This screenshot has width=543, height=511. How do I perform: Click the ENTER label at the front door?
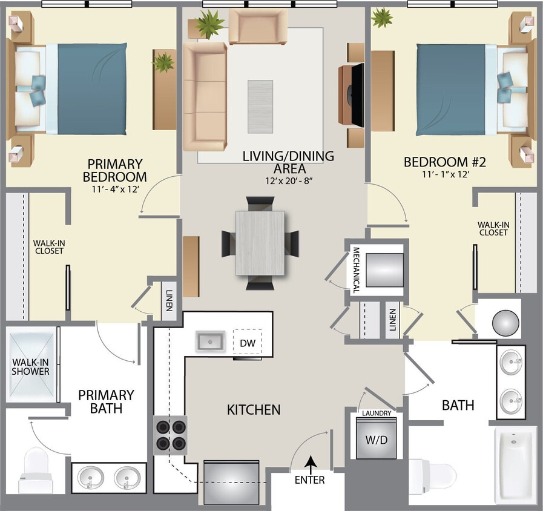(x=310, y=480)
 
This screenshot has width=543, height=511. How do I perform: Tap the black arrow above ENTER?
(x=311, y=463)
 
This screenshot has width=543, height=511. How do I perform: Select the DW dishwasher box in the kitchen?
(x=248, y=342)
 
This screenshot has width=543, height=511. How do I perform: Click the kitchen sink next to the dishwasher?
(x=210, y=341)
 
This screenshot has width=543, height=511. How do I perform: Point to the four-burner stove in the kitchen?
(x=170, y=435)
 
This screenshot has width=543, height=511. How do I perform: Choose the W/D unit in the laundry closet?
(x=376, y=440)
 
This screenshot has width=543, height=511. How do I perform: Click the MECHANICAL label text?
(x=356, y=270)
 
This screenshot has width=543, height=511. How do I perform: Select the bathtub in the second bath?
(x=515, y=465)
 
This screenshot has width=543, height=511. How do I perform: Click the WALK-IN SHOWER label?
(x=30, y=367)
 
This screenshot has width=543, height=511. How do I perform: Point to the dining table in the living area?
(x=260, y=242)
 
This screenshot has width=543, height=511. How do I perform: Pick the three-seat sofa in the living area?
(x=205, y=96)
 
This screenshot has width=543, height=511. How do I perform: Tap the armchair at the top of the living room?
(x=258, y=27)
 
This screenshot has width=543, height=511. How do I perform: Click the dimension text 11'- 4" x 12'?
(x=115, y=190)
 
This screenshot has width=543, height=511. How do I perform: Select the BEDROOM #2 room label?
(x=445, y=162)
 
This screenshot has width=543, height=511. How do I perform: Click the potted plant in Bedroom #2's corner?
(x=382, y=18)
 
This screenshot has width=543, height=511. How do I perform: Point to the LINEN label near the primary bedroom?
(x=169, y=301)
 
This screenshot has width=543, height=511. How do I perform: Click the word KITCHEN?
(x=254, y=410)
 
